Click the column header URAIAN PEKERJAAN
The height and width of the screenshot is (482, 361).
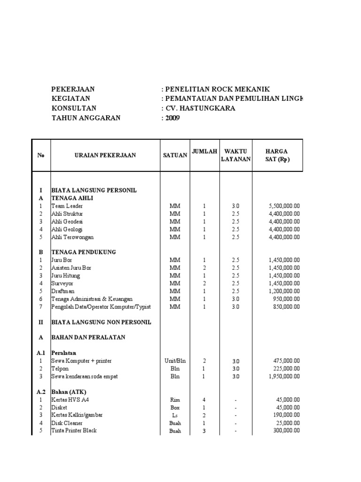[105, 155]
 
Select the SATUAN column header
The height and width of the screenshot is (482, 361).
[175, 155]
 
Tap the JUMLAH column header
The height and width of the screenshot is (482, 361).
[204, 151]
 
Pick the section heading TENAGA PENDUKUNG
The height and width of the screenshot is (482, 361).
[83, 252]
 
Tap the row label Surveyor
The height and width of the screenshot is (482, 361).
[63, 283]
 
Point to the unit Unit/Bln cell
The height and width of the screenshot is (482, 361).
[175, 361]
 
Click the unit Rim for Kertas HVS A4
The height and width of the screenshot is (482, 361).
[175, 400]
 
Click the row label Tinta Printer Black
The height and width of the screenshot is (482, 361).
[74, 430]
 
